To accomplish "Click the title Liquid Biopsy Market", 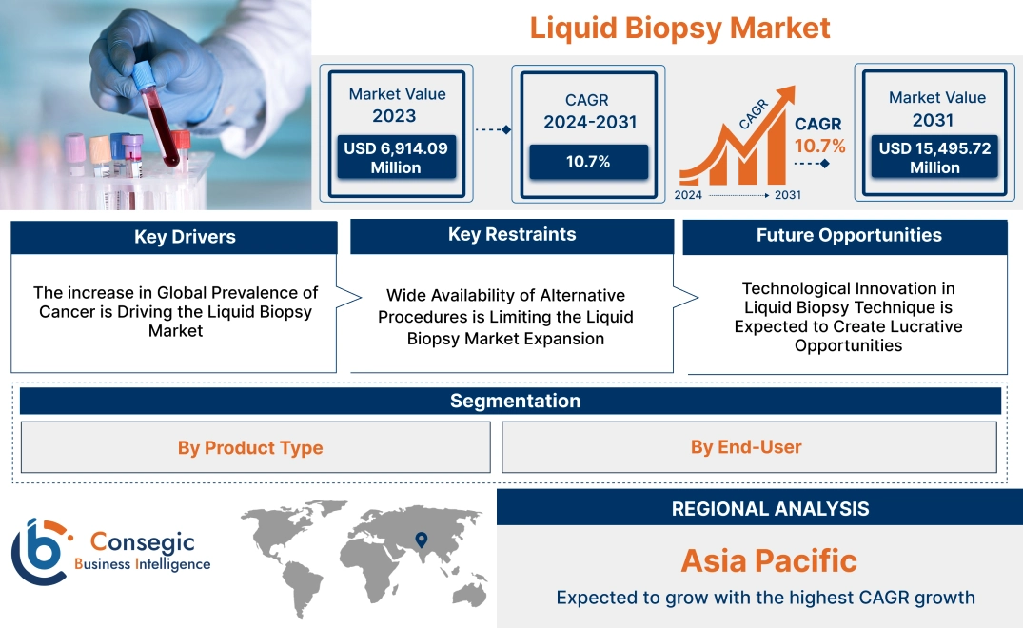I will (x=679, y=28).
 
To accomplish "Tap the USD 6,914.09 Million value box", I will (x=395, y=157).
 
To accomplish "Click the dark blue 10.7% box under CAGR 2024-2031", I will (x=588, y=162).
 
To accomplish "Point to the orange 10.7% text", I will (x=819, y=146).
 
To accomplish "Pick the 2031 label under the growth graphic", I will (x=787, y=195).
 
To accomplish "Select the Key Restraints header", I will (x=512, y=235).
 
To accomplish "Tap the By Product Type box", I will (x=250, y=447).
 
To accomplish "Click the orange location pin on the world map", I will (x=420, y=541).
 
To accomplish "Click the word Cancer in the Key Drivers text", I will (x=67, y=311).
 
